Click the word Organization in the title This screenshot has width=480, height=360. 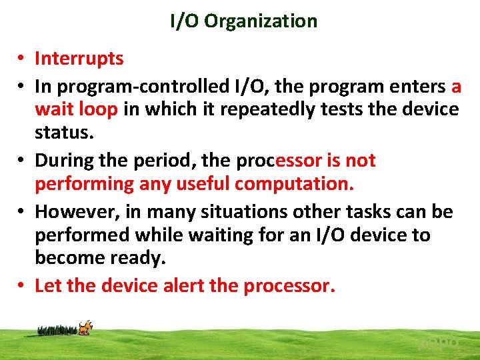[x=261, y=21]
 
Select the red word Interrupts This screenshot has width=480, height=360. [x=79, y=59]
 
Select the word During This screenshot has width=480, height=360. [x=63, y=161]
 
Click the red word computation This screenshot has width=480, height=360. [x=297, y=183]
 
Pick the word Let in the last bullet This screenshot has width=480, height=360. [x=48, y=286]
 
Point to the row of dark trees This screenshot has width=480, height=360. [x=57, y=329]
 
